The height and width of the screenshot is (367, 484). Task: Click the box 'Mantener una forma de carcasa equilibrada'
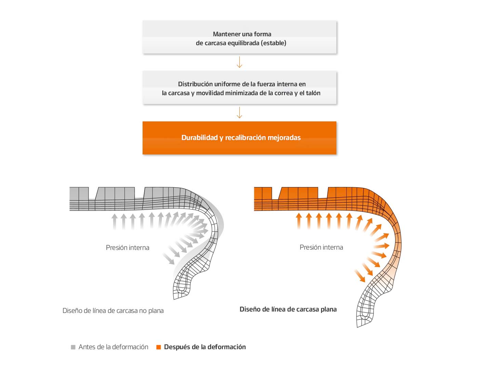coord(239,37)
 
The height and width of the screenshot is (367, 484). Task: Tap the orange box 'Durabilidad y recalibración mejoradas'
coord(239,138)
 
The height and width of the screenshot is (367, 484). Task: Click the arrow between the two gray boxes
coord(239,62)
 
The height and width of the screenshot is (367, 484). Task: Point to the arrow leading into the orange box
coord(239,112)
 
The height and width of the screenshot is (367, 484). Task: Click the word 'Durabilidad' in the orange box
coord(199,138)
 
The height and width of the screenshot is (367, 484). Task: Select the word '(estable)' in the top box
coord(273,43)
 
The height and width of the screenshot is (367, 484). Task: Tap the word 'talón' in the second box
coord(313,93)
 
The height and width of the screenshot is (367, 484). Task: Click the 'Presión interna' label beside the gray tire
coord(127,248)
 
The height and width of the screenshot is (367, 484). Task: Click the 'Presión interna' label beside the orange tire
coord(321,247)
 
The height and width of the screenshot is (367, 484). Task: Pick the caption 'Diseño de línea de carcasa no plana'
coord(113,311)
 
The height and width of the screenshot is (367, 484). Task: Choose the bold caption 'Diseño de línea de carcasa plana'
coord(288,309)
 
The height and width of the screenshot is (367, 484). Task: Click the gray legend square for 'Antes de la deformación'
coord(73,347)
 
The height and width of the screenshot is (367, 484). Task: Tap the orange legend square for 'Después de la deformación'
coord(159,347)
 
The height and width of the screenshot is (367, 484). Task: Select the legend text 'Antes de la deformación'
coord(113,347)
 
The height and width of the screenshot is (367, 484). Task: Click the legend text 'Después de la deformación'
coord(205,347)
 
